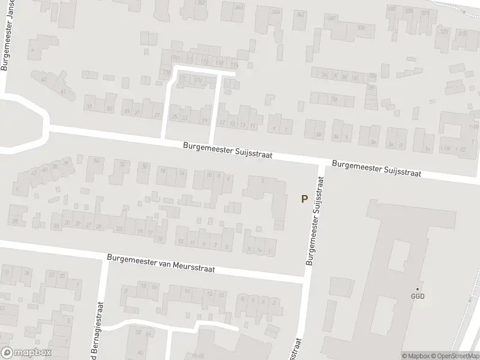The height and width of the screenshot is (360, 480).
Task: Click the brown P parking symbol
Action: (x=304, y=199)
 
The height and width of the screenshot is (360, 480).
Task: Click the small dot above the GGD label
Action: (x=418, y=289)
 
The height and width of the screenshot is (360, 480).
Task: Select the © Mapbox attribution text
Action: (x=416, y=355)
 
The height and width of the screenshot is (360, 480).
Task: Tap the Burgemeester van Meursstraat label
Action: (x=160, y=264)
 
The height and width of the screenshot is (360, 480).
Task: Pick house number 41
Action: (x=62, y=91)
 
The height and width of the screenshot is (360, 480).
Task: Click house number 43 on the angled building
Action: (x=43, y=79)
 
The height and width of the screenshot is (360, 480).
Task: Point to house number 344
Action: (x=275, y=12)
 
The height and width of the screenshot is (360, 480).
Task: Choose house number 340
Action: (x=331, y=17)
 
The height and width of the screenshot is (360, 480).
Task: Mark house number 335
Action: (x=361, y=28)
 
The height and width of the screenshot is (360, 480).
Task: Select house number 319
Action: (x=462, y=34)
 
